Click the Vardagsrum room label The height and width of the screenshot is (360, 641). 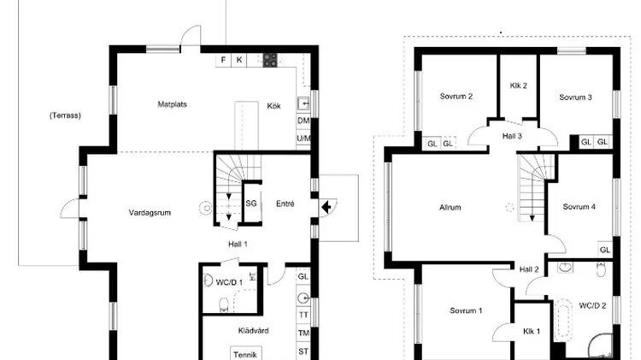click(150, 213)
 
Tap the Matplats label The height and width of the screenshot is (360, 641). click(172, 104)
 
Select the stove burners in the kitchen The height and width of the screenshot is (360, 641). click(270, 60)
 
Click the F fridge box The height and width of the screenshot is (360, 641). click(223, 60)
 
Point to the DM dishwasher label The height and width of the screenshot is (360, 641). click(303, 121)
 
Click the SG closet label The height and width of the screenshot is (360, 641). click(251, 204)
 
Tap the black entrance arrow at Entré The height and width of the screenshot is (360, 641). click(326, 207)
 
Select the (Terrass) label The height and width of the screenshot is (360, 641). click(65, 115)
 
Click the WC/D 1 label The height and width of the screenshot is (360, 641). click(229, 282)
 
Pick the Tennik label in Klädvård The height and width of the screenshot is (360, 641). click(245, 355)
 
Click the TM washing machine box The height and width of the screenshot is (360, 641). click(303, 333)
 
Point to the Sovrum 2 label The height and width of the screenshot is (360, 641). click(456, 97)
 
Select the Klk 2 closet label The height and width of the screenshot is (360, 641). click(519, 86)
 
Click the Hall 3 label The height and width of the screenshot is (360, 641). click(512, 136)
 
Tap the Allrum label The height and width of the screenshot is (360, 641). click(450, 208)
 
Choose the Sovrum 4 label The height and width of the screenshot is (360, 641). click(579, 207)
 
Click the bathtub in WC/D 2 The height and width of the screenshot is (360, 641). click(563, 320)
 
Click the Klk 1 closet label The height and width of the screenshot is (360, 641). click(532, 332)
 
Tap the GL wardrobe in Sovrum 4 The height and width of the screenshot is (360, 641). click(605, 250)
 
